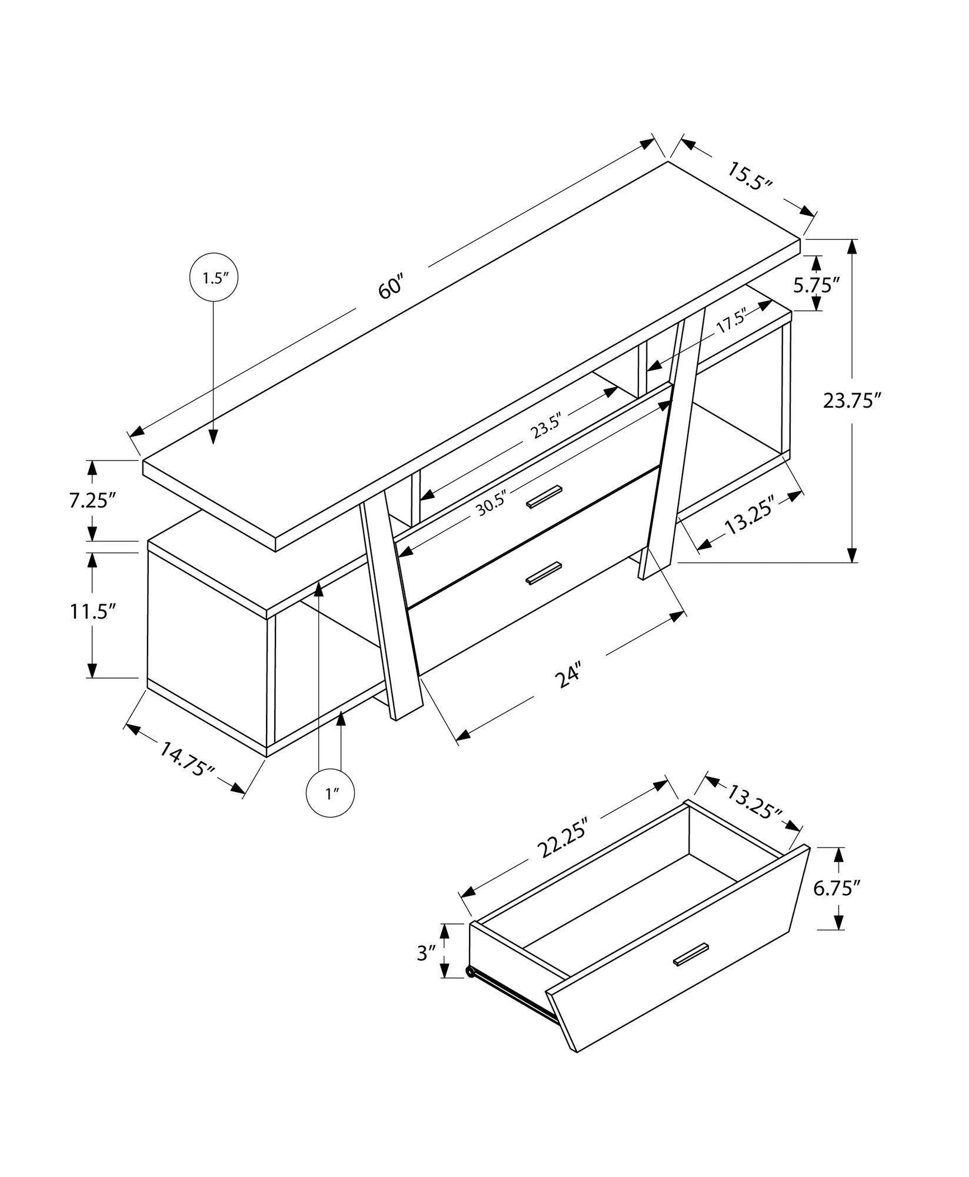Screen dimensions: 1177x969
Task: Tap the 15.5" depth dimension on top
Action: (749, 177)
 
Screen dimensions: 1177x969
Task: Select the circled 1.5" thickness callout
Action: (214, 278)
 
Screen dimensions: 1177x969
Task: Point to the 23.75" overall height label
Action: (852, 401)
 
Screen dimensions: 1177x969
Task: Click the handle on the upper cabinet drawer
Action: (544, 496)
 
